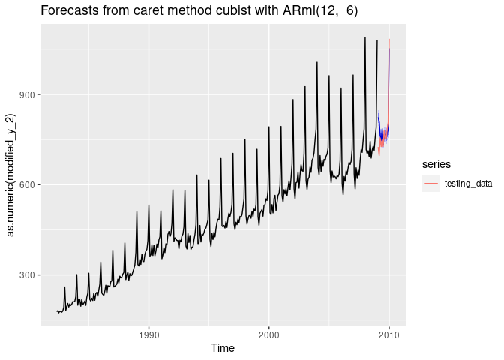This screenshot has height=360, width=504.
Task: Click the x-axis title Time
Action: pos(222,347)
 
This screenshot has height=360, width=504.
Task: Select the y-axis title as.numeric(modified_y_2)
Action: pos(10,175)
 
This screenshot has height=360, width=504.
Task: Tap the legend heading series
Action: pos(435,163)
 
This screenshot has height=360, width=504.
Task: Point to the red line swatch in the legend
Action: pos(430,184)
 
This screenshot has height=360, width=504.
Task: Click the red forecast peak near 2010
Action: pos(389,40)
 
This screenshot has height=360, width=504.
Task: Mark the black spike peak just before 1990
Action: pos(136,211)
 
